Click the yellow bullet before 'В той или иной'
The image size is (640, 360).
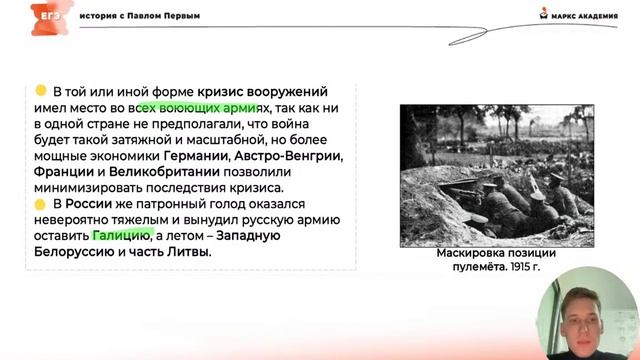41,91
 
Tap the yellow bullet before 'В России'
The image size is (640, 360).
41,204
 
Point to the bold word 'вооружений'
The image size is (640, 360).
292,92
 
